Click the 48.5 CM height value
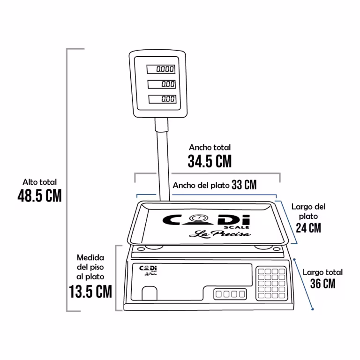click(40, 195)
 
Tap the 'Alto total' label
click(39, 182)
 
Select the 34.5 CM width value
click(210, 161)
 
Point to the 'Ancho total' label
click(210, 147)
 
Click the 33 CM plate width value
click(244, 185)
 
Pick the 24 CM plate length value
click(308, 228)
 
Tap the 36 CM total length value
click(323, 283)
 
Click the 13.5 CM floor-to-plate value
click(90, 292)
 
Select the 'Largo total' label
click(322, 272)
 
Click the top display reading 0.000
click(161, 69)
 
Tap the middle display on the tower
click(162, 84)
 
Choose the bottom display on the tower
click(162, 99)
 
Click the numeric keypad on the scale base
click(271, 284)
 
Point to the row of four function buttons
click(230, 294)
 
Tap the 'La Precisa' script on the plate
click(220, 234)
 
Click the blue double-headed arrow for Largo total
click(303, 284)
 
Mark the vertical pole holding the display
click(163, 159)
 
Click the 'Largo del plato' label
click(308, 211)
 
